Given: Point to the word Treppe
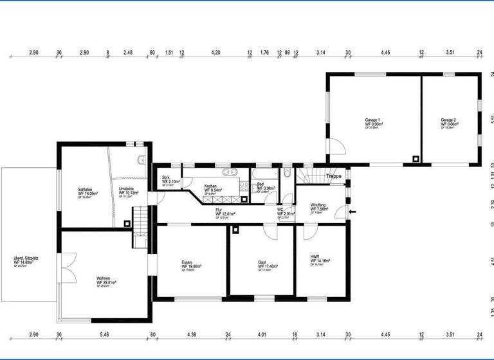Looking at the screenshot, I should coord(333,176).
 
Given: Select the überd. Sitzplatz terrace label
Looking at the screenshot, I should coord(25,261).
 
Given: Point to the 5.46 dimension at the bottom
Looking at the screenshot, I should coord(105,335).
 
